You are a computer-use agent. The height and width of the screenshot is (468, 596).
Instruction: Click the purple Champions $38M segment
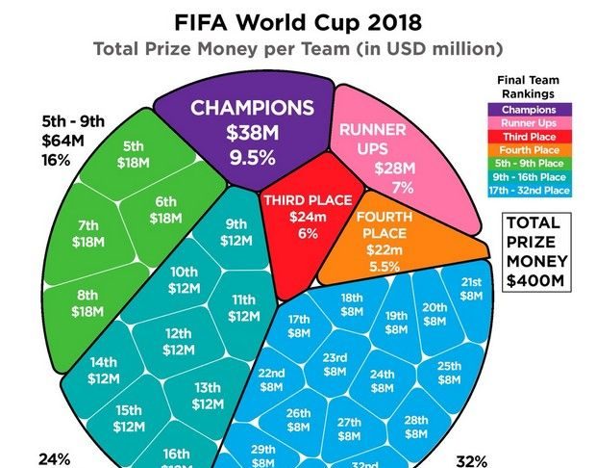(252, 130)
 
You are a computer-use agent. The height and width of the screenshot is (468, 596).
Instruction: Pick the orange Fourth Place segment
(385, 241)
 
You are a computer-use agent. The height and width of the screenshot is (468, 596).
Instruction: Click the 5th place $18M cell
(133, 154)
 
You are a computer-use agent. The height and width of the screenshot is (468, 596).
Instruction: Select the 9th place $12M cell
(235, 232)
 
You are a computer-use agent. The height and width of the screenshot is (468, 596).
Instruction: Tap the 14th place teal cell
(104, 371)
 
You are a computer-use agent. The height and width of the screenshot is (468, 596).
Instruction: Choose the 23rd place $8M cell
(335, 363)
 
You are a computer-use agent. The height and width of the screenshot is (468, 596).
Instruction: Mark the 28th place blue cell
(415, 427)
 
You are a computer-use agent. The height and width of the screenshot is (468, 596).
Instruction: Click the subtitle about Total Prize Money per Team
(298, 49)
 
